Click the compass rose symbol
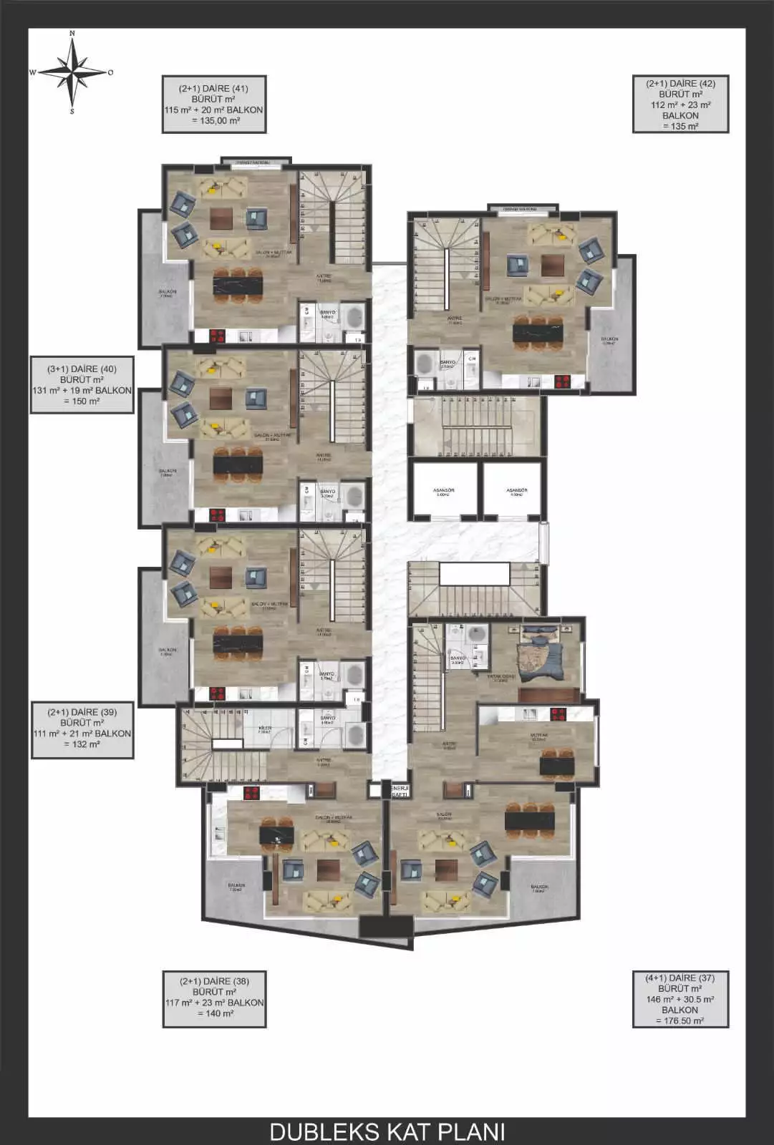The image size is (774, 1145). [72, 72]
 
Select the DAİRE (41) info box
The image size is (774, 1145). [214, 104]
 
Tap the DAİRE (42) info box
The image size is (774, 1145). [680, 104]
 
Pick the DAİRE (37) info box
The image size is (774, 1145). [680, 998]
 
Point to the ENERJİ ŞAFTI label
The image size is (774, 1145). [398, 790]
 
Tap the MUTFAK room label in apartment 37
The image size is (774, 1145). [538, 737]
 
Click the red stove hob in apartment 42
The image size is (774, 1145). [563, 381]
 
